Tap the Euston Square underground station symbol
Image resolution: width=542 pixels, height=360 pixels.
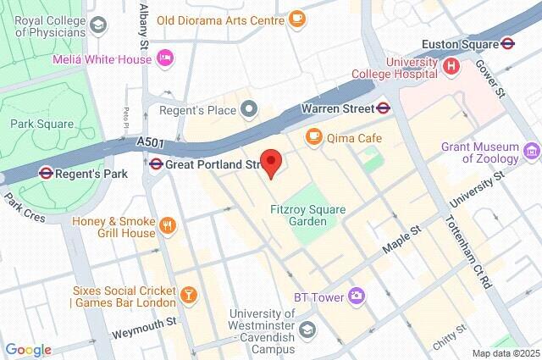[x=508, y=43]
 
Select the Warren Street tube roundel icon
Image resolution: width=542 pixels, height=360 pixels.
[x=384, y=108]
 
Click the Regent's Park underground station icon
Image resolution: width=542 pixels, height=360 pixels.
[x=46, y=173]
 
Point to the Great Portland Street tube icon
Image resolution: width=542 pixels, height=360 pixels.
[x=156, y=163]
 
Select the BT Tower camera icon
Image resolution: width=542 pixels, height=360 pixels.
[x=357, y=295]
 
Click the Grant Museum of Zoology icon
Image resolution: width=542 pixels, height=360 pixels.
[x=531, y=152]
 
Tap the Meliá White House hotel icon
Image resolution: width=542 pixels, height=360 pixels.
[x=167, y=58]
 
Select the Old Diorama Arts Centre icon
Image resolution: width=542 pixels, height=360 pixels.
[x=296, y=17]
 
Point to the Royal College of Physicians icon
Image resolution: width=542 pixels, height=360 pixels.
[x=99, y=25]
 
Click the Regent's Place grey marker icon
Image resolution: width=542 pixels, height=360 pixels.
[x=248, y=108]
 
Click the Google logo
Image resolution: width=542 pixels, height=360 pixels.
[x=28, y=350]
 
